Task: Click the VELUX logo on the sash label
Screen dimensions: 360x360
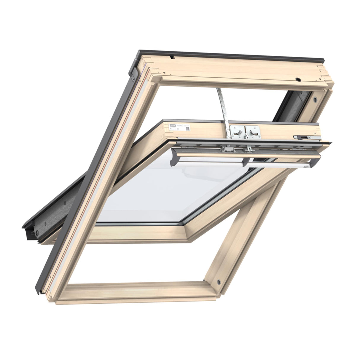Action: (172, 125)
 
